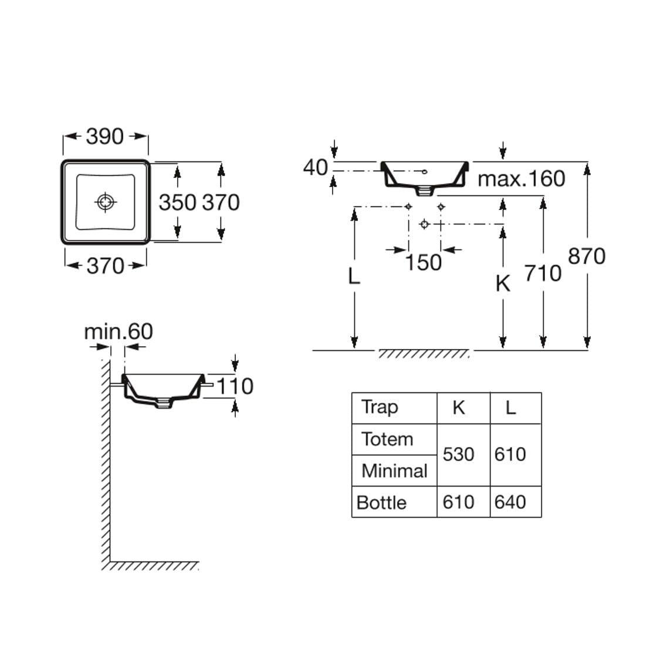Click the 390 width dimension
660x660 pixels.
pyautogui.click(x=105, y=136)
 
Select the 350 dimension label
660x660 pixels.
pyautogui.click(x=177, y=202)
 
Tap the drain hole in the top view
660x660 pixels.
pyautogui.click(x=105, y=202)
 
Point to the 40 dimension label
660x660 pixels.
pyautogui.click(x=315, y=168)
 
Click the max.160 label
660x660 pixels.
pyautogui.click(x=522, y=178)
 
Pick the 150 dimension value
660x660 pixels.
pyautogui.click(x=423, y=262)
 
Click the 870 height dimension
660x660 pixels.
pyautogui.click(x=587, y=256)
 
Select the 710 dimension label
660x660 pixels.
pyautogui.click(x=543, y=273)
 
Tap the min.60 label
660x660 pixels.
pyautogui.click(x=119, y=332)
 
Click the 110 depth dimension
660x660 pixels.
pyautogui.click(x=235, y=386)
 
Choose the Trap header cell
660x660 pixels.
pyautogui.click(x=380, y=407)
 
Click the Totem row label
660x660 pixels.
pyautogui.click(x=387, y=439)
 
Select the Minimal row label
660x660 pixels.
pyautogui.click(x=394, y=471)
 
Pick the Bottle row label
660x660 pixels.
pyautogui.click(x=381, y=502)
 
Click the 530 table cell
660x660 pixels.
pyautogui.click(x=458, y=454)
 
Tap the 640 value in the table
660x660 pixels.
pyautogui.click(x=510, y=502)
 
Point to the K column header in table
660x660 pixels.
pyautogui.click(x=459, y=407)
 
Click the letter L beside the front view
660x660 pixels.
pyautogui.click(x=353, y=276)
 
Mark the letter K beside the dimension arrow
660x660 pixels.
pyautogui.click(x=503, y=283)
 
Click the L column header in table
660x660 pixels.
pyautogui.click(x=511, y=407)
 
